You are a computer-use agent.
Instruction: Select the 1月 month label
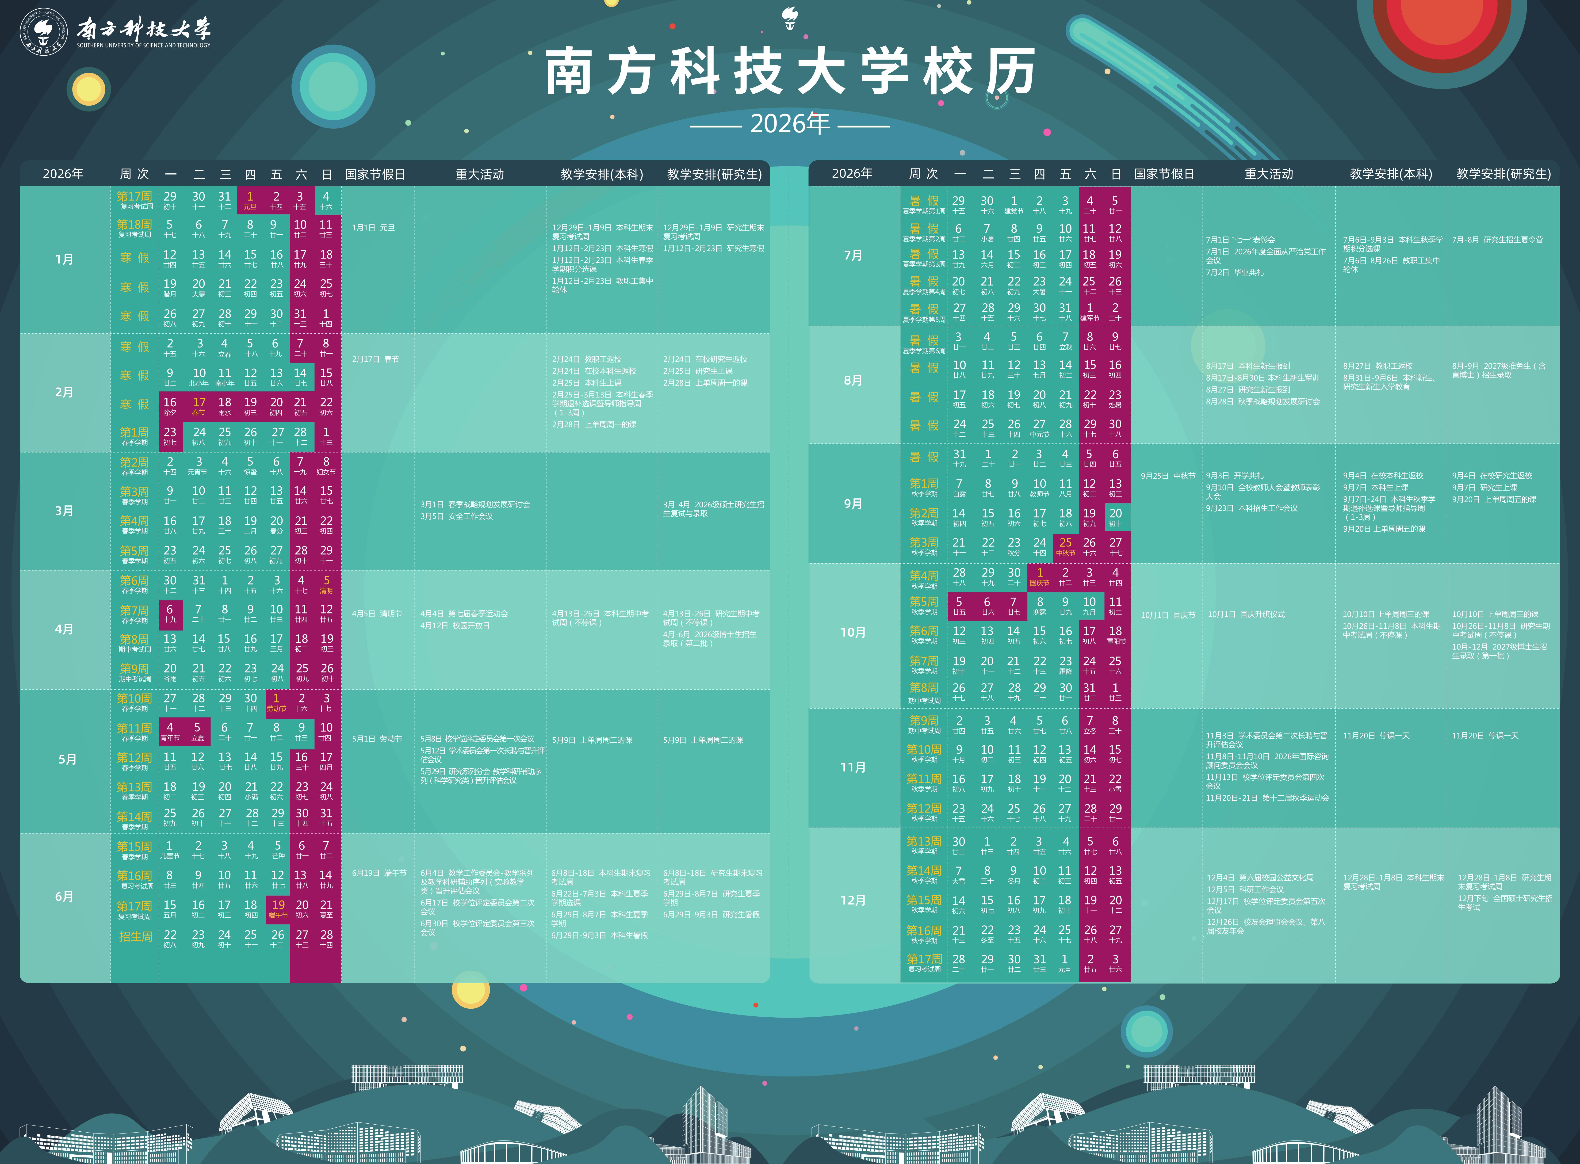pyautogui.click(x=64, y=259)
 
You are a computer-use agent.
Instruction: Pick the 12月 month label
pyautogui.click(x=853, y=901)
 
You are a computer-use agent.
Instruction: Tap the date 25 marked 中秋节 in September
pyautogui.click(x=1065, y=546)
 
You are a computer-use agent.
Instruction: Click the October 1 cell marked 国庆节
pyautogui.click(x=1040, y=576)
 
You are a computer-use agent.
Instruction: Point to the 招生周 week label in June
pyautogui.click(x=135, y=936)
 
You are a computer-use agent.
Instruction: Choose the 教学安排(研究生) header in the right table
pyautogui.click(x=1503, y=174)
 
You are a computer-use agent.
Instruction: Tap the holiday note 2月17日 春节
pyautogui.click(x=376, y=359)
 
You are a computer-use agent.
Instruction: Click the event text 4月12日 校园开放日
pyautogui.click(x=455, y=626)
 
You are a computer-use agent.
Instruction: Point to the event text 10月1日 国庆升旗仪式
pyautogui.click(x=1246, y=614)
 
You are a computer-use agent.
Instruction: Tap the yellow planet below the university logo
pyautogui.click(x=89, y=89)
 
